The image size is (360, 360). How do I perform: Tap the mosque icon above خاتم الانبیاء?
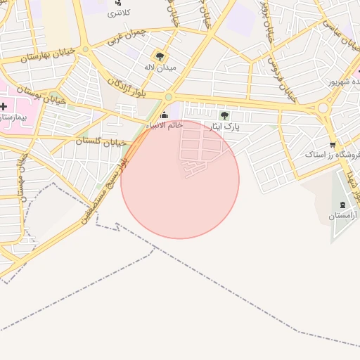click(x=165, y=115)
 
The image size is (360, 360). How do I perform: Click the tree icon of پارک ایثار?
click(x=224, y=116)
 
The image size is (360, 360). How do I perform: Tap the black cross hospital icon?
click(x=4, y=106)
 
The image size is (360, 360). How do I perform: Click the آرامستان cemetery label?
click(x=342, y=217)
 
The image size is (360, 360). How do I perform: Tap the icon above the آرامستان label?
click(x=342, y=205)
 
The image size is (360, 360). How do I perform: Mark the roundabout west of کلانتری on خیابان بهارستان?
click(x=85, y=49)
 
